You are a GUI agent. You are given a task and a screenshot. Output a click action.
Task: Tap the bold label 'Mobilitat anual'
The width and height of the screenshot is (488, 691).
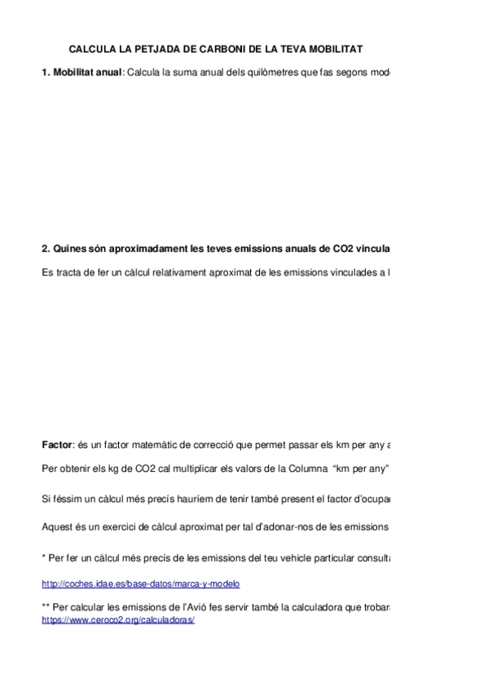86,73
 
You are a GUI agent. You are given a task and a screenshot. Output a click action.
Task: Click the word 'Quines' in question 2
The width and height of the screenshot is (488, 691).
68,249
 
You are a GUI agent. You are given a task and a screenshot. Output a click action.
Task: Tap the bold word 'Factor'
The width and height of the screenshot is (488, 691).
56,445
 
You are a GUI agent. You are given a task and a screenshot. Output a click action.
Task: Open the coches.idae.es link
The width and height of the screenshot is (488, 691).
140,584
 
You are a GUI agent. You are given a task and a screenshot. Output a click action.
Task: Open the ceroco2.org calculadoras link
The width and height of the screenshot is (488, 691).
118,619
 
